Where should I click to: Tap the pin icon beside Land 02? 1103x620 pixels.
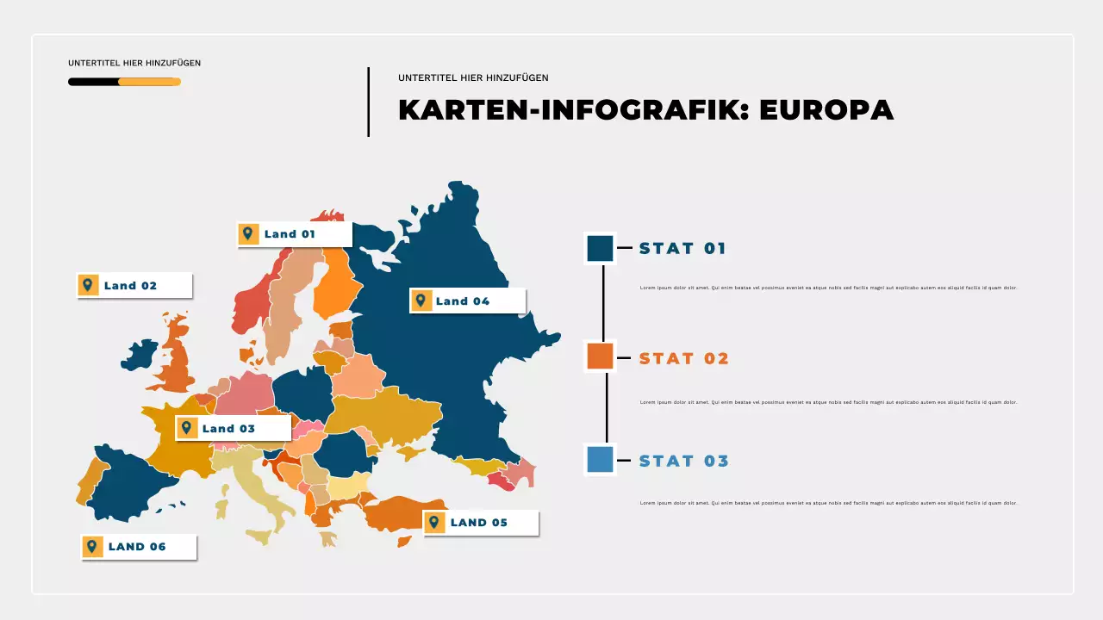pyautogui.click(x=88, y=285)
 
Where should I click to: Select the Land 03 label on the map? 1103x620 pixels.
pyautogui.click(x=228, y=428)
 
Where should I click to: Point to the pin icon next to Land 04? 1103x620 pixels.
pyautogui.click(x=421, y=301)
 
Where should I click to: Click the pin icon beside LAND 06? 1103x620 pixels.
pyautogui.click(x=92, y=546)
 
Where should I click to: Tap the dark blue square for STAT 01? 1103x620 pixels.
pyautogui.click(x=600, y=248)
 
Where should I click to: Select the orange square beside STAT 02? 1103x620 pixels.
pyautogui.click(x=600, y=356)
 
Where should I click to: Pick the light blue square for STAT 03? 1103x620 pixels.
pyautogui.click(x=600, y=460)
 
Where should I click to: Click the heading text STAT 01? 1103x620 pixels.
pyautogui.click(x=682, y=249)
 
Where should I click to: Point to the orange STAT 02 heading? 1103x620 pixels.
pyautogui.click(x=683, y=358)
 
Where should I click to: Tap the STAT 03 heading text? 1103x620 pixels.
pyautogui.click(x=683, y=461)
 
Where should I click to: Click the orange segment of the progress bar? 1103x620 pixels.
pyautogui.click(x=149, y=82)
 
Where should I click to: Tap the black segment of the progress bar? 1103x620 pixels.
pyautogui.click(x=93, y=82)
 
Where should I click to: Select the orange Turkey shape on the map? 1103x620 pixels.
pyautogui.click(x=405, y=513)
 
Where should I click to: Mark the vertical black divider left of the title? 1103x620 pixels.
pyautogui.click(x=369, y=102)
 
